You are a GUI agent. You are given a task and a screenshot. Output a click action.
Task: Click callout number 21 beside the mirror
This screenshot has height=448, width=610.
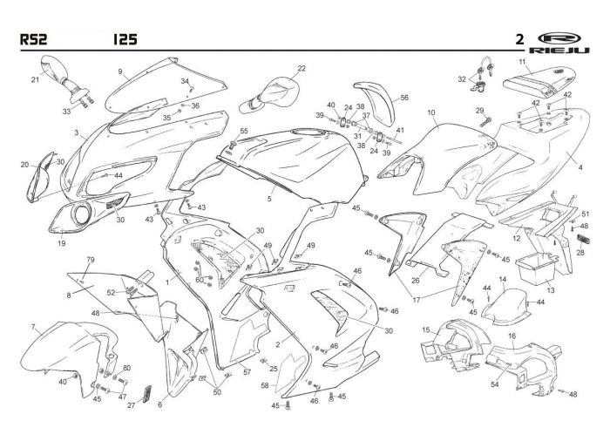coord(36,79)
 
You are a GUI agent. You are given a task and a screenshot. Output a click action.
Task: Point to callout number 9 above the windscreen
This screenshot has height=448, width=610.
coord(121,71)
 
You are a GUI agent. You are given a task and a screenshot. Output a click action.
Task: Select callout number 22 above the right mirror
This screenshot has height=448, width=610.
coord(302,67)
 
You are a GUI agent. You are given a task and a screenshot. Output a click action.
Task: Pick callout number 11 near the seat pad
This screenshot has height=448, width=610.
coord(522,62)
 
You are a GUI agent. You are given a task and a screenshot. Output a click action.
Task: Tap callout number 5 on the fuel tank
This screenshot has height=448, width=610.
coord(269,199)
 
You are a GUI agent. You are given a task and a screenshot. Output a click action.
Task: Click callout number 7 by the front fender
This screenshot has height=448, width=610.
coord(33,327)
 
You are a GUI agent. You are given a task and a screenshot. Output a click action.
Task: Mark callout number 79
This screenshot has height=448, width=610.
coord(89,261)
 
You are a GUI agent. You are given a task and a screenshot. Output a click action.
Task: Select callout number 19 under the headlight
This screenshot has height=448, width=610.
coord(61,244)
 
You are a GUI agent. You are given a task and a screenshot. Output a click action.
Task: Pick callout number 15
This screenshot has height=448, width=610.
coord(426,330)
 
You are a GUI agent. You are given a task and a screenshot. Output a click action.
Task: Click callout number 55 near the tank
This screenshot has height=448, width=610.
coord(244,131)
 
